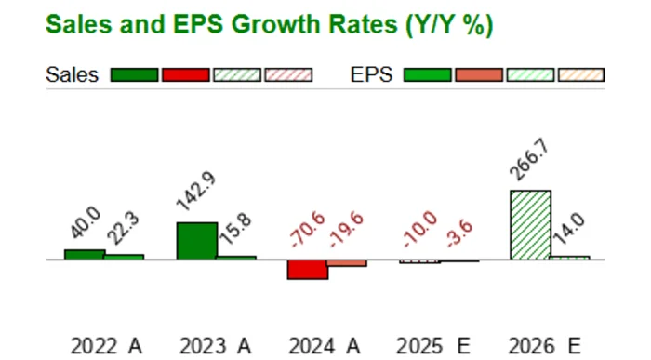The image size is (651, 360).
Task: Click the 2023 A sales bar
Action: point(196,241)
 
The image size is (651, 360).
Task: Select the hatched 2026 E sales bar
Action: point(530,225)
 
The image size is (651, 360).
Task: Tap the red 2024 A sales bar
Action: point(307,269)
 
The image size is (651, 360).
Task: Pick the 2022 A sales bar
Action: point(84,254)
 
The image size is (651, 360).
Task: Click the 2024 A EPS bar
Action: point(347,263)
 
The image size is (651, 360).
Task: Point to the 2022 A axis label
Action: point(106,346)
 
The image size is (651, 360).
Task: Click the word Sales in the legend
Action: point(72,75)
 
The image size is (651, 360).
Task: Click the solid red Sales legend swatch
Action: point(185,75)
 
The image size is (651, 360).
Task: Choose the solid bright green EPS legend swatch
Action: point(428,75)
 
